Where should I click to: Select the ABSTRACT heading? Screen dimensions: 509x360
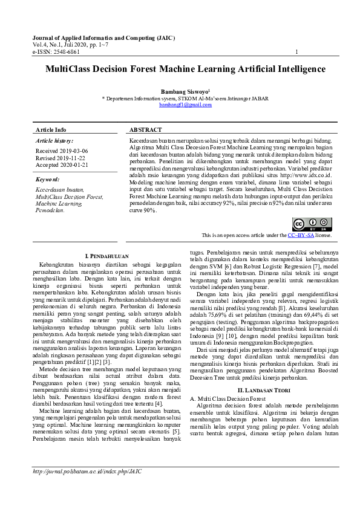(x=146, y=130)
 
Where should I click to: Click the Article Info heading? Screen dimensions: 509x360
(x=51, y=130)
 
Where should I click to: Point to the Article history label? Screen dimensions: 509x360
(x=54, y=140)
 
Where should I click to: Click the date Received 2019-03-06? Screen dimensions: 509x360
(x=62, y=151)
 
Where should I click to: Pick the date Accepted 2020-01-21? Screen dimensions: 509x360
(x=62, y=164)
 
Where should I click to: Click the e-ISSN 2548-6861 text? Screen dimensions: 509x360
(x=56, y=52)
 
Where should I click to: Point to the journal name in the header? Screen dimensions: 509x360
(x=103, y=38)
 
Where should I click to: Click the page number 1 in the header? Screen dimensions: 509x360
(x=296, y=52)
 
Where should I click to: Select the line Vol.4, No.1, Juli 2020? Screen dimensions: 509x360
(x=71, y=45)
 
